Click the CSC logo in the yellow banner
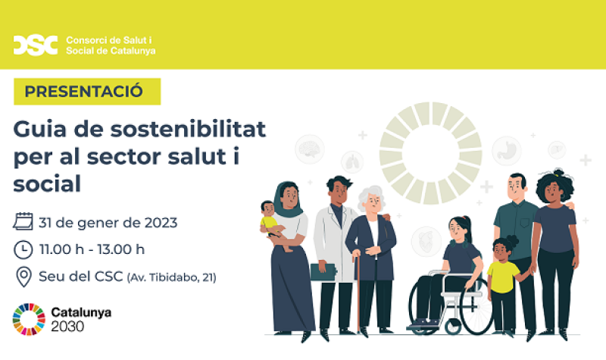coord(35,45)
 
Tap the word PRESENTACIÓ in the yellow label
coord(84,92)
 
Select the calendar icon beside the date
coord(23,222)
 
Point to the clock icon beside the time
coord(23,249)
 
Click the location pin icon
coord(23,277)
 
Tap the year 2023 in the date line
coord(159,223)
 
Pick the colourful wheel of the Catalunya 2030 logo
coord(29,319)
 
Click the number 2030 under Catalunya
coord(68,327)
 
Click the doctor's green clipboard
coord(323,271)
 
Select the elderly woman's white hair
coord(371,196)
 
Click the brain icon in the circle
coord(309,147)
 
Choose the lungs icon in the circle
coord(352,161)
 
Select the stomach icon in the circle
coord(506,149)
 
